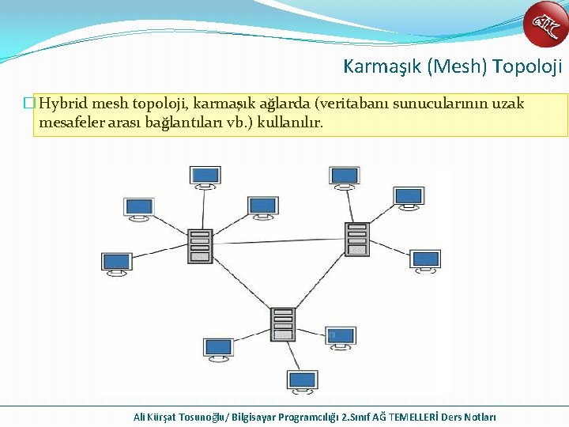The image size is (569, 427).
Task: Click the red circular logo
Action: tap(545, 25)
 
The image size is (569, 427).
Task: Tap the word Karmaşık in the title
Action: tap(382, 66)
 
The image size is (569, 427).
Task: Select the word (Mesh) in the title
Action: tap(456, 66)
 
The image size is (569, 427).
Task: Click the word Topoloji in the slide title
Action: tap(526, 66)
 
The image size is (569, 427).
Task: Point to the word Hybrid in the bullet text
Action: tap(63, 104)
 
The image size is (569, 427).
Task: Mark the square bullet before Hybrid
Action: tap(29, 104)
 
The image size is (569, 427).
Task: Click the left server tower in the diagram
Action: tap(200, 244)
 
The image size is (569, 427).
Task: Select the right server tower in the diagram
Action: tap(357, 238)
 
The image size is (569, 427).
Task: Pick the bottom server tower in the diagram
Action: tap(282, 323)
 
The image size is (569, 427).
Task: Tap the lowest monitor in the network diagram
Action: tap(303, 381)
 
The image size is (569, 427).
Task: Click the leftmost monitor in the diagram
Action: tap(116, 263)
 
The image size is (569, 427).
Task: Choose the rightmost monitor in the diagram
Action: tap(425, 261)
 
